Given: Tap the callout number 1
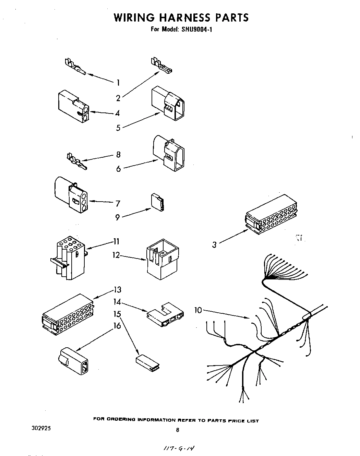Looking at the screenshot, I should pyautogui.click(x=118, y=83).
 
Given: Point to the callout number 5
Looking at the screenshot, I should pyautogui.click(x=118, y=128).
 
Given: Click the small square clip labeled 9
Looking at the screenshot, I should pyautogui.click(x=158, y=202).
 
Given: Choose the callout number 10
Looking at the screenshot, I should pyautogui.click(x=198, y=310).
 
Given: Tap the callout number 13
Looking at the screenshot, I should pyautogui.click(x=118, y=290).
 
